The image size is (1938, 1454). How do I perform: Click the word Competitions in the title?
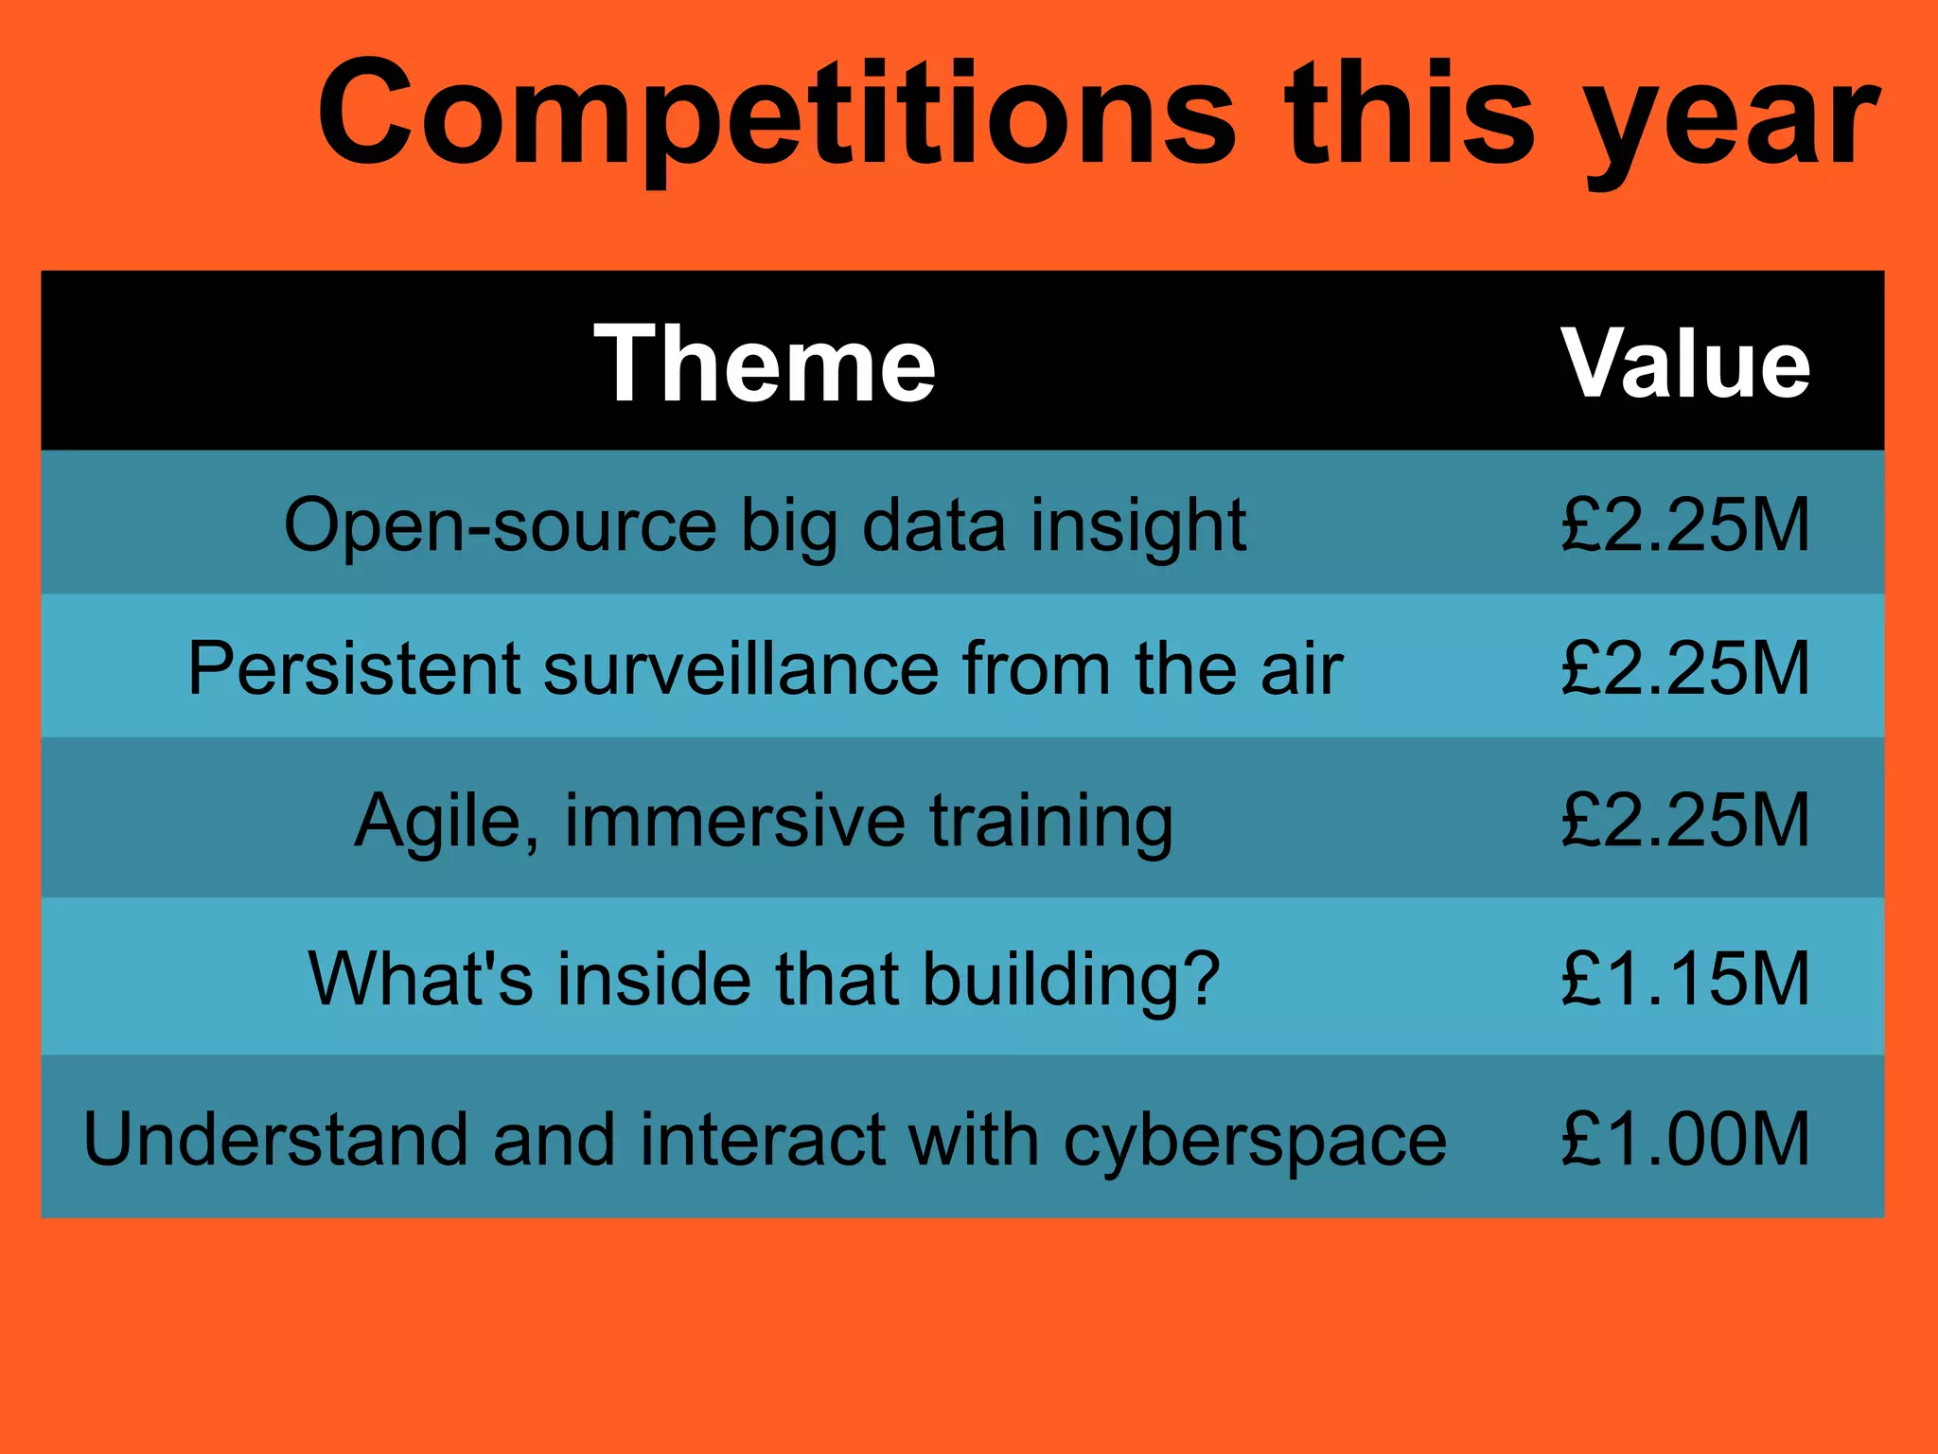point(776,114)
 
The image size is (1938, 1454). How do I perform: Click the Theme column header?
point(765,364)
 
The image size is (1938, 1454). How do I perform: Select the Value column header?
point(1685,364)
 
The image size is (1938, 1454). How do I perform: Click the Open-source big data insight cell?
point(765,525)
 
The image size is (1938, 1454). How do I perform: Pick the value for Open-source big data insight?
point(1685,525)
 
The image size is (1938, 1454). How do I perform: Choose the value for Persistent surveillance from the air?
point(1685,669)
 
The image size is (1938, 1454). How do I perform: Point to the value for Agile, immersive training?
point(1685,821)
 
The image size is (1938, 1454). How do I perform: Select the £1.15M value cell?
point(1685,978)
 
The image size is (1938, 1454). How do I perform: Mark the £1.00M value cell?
point(1685,1139)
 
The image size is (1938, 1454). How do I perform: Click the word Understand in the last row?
point(275,1139)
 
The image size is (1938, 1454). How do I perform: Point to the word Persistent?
point(354,669)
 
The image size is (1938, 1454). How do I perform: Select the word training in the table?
point(1050,823)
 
